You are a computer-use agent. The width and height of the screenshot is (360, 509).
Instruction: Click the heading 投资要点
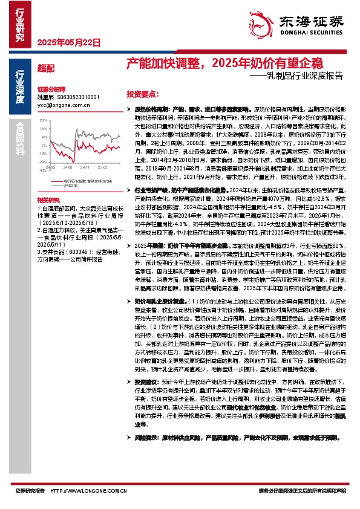[142, 95]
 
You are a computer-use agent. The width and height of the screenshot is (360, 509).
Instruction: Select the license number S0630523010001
[77, 97]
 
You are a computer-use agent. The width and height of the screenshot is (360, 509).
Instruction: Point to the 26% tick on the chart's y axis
[43, 120]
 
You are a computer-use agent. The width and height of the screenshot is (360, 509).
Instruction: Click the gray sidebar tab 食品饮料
[19, 139]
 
